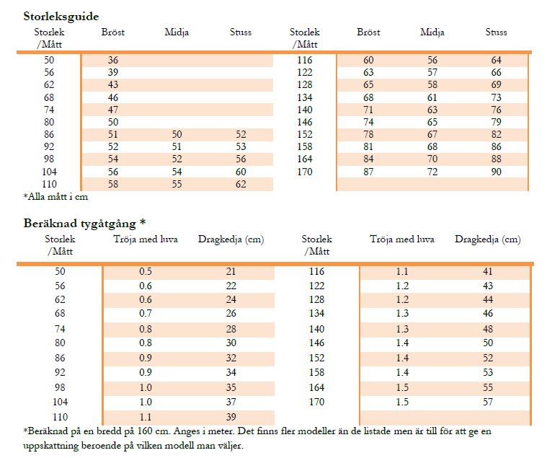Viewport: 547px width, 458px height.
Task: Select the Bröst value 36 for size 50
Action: [x=113, y=61]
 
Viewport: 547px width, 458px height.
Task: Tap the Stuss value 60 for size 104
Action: [x=241, y=172]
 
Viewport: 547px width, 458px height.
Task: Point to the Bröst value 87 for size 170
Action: [x=368, y=172]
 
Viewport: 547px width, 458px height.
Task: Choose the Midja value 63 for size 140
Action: [x=432, y=110]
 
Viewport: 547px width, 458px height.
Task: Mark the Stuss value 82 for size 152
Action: [x=496, y=135]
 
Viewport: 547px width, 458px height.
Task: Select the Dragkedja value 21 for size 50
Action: [x=231, y=271]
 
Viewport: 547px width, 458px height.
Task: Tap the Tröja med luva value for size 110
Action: [x=146, y=417]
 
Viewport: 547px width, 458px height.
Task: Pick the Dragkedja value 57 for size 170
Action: [x=488, y=402]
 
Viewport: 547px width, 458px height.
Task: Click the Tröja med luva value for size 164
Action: [x=402, y=387]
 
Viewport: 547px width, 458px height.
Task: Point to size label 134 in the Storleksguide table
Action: [x=305, y=97]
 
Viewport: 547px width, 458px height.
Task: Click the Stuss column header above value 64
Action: [x=496, y=32]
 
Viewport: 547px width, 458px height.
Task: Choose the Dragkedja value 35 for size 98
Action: [x=231, y=387]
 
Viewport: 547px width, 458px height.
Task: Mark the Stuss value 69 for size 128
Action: [x=496, y=85]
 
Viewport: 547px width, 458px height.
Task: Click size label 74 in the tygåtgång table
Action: [x=60, y=329]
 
